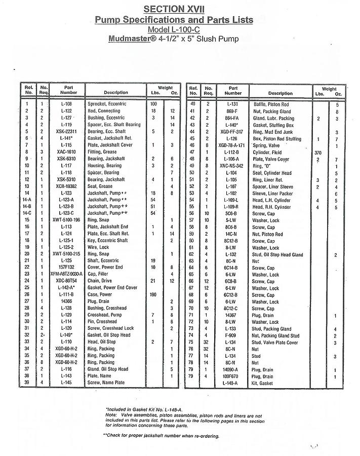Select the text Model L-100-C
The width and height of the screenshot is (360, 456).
point(174,29)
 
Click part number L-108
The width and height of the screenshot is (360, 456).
point(67,104)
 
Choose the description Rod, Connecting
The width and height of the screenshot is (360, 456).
point(104,110)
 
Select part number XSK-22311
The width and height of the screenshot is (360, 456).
point(67,131)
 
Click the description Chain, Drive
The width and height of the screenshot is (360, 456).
point(99,281)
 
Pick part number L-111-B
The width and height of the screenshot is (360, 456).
point(67,294)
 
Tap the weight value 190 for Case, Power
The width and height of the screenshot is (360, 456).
point(153,294)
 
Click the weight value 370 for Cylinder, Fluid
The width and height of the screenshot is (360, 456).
point(318,152)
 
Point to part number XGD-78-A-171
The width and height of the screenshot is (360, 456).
point(232,145)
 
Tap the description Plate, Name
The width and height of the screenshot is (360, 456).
point(100,376)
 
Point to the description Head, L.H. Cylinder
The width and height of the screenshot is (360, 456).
point(273,200)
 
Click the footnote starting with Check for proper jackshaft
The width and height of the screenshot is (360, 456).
point(162,436)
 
